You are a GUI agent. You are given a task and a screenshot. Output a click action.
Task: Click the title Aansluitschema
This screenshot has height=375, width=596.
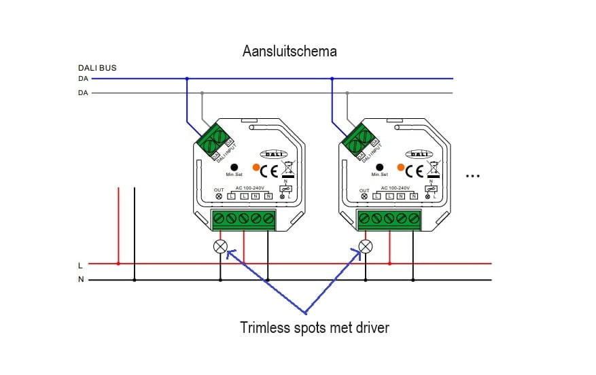(290, 51)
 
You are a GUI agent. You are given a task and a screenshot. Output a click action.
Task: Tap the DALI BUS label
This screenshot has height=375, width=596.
(97, 68)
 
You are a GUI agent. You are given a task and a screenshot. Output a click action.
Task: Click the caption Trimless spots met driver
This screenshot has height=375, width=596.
(315, 328)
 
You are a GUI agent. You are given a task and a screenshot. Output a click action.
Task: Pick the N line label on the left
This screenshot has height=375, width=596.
(81, 280)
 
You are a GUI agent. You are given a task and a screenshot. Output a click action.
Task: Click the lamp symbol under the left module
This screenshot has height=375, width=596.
(220, 246)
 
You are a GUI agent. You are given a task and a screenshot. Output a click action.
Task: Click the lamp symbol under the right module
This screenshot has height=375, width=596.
(366, 246)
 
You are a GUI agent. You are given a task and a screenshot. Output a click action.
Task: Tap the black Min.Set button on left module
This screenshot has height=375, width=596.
(234, 166)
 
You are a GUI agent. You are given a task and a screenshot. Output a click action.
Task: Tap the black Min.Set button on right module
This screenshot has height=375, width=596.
(379, 166)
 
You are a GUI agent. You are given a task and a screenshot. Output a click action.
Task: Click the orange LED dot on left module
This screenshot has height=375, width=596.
(256, 166)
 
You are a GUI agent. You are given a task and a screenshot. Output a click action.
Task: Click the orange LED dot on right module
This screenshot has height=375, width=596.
(401, 166)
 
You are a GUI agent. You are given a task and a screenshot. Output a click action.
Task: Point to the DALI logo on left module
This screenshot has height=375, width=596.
(275, 154)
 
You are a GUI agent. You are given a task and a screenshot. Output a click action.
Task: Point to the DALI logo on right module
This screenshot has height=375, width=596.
(420, 154)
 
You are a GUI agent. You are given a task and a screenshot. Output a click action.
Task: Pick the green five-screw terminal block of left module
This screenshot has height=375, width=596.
(245, 219)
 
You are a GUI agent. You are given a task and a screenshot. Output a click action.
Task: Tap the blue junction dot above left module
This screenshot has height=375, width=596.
(187, 78)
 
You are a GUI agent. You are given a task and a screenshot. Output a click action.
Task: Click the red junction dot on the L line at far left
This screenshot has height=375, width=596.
(118, 263)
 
